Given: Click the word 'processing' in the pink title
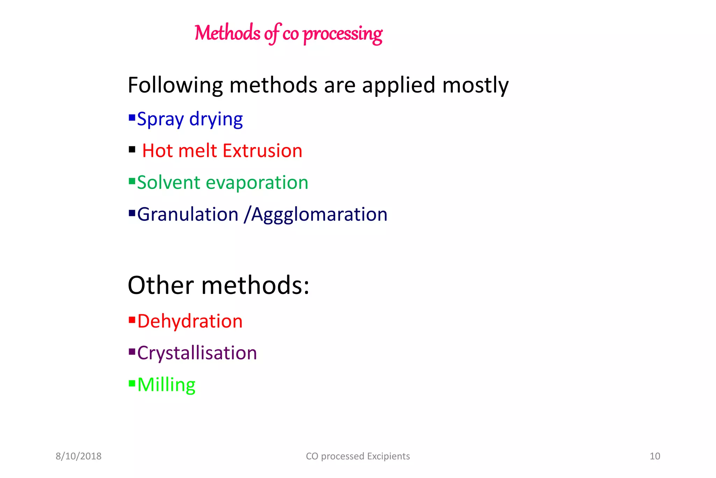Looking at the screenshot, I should coord(343,34).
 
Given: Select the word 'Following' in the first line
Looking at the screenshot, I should coord(175,85).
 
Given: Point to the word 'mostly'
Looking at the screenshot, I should coord(475,85).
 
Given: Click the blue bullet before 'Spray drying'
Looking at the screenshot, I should coord(132,117).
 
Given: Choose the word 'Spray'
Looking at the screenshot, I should coord(160,119).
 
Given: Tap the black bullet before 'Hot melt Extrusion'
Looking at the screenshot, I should coord(132,150).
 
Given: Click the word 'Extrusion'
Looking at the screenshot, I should coord(262,151).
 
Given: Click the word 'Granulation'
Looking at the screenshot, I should coord(188,214).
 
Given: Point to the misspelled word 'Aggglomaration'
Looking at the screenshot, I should coord(319,215).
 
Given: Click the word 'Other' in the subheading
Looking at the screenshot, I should coord(160,285).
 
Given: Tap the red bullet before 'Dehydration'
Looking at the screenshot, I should coord(132,319).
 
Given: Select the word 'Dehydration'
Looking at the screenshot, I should coord(190,321).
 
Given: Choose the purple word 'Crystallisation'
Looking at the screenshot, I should coord(197,353).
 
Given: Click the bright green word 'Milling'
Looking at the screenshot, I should coord(166,385).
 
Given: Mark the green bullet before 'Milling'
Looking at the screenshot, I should coord(132,383).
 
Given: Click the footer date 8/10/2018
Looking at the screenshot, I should coord(79,456).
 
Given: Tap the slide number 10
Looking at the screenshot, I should coord(654,456).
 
